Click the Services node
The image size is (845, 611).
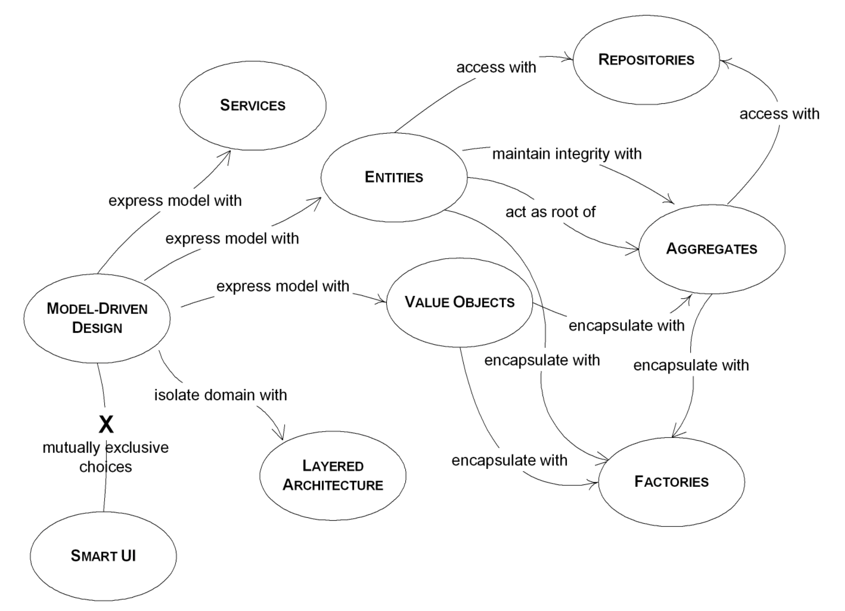(253, 105)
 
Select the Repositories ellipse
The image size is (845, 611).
(646, 60)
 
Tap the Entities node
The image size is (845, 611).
(394, 177)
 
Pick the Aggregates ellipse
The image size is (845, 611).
(712, 249)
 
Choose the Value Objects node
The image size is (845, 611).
(459, 302)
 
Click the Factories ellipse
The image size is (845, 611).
(671, 482)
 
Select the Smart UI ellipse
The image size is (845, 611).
(103, 556)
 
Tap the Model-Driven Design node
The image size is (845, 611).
(97, 318)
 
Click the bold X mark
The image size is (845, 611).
(106, 424)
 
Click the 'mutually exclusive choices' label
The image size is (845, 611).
(105, 457)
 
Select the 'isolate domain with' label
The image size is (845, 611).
(220, 395)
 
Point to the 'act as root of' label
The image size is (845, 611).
(550, 212)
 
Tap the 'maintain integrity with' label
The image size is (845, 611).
(567, 154)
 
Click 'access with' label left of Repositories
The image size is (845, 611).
(496, 68)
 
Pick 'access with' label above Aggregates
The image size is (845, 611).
(779, 114)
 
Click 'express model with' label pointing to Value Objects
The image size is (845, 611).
(283, 286)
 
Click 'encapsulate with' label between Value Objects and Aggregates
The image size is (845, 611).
(626, 326)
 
